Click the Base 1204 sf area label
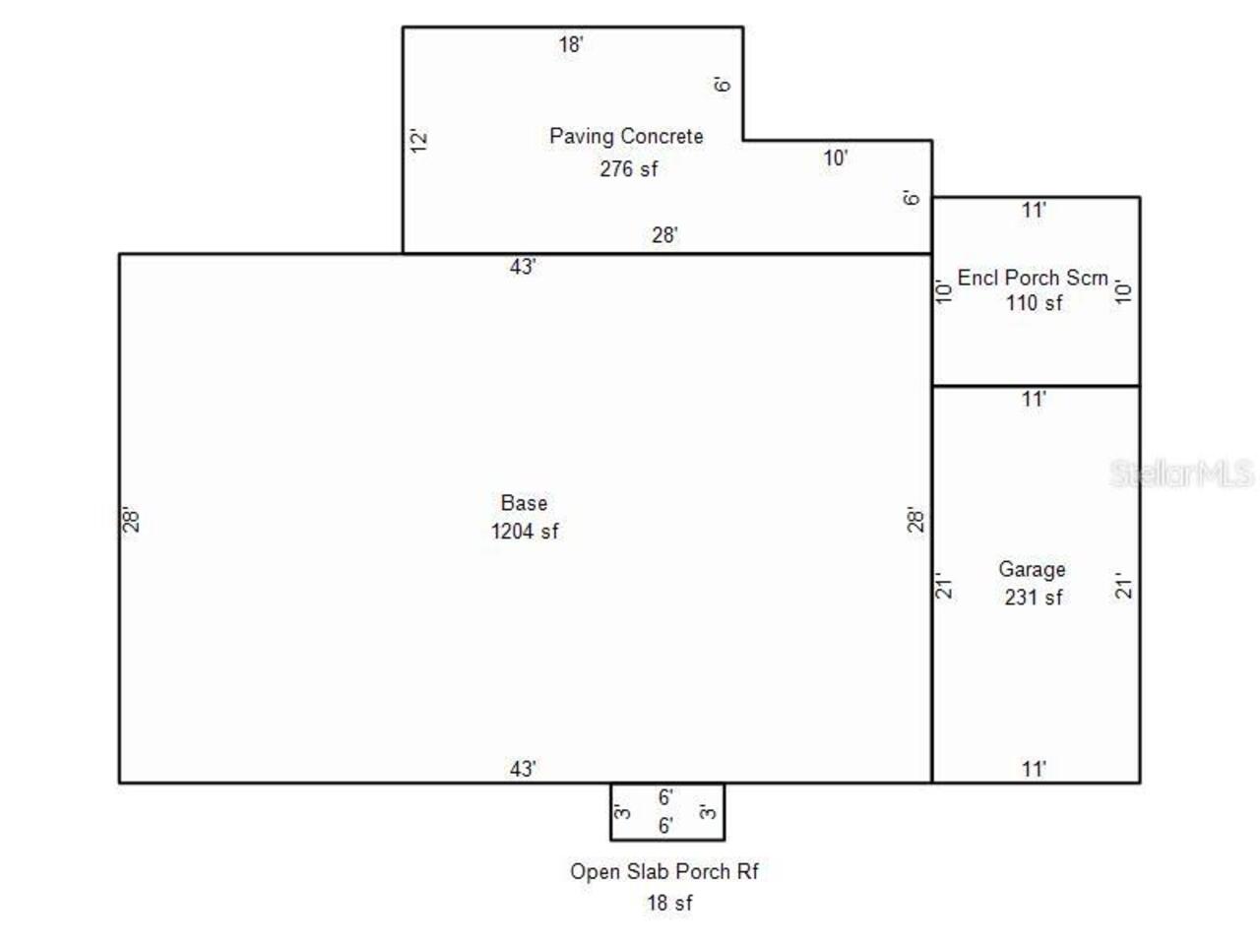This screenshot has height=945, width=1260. click(x=524, y=517)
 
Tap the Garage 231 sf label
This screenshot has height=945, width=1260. click(x=1032, y=583)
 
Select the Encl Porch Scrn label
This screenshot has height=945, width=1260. click(x=1032, y=278)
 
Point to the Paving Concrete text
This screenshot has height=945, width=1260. click(x=626, y=136)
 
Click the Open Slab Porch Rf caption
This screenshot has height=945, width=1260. click(x=664, y=871)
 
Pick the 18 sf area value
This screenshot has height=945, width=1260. click(x=669, y=903)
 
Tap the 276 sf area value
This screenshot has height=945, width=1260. click(x=629, y=168)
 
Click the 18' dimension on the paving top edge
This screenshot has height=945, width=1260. click(x=571, y=44)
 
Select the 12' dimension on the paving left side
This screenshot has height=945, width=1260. click(x=418, y=141)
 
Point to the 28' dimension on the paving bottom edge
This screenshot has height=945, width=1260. click(x=664, y=234)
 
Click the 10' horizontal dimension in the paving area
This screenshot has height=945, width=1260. click(x=835, y=157)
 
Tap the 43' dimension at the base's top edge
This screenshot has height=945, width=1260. click(x=523, y=267)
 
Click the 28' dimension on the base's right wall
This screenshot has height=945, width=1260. click(x=915, y=520)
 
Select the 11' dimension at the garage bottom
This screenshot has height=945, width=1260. click(x=1034, y=769)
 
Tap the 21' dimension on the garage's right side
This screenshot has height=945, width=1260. click(x=1123, y=586)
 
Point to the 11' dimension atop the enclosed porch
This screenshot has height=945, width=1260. click(x=1034, y=210)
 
